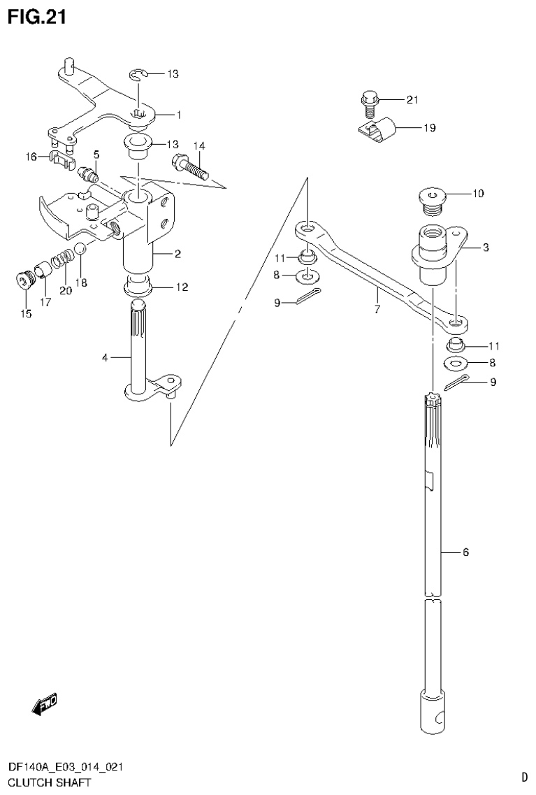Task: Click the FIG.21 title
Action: [36, 17]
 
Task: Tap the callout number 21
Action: [412, 100]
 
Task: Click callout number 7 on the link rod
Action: [377, 309]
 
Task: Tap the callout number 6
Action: [465, 552]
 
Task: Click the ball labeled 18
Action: [81, 249]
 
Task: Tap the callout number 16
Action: [31, 157]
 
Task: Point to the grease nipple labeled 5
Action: [88, 173]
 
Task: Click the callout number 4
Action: [105, 358]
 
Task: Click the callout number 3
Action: [485, 248]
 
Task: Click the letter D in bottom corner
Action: [523, 776]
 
